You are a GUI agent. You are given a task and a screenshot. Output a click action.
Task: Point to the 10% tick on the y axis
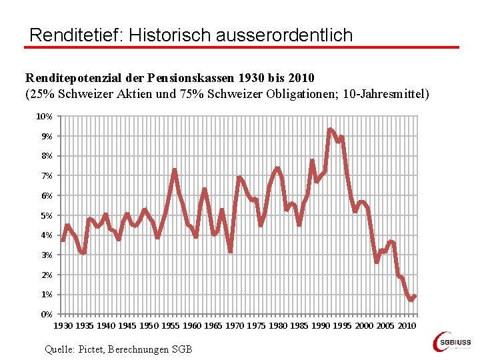pos(45,117)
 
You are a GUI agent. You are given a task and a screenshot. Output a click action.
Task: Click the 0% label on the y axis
pos(46,314)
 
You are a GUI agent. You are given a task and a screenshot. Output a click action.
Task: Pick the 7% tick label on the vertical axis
pos(46,176)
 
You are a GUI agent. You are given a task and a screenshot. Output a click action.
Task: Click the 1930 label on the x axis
pos(63,325)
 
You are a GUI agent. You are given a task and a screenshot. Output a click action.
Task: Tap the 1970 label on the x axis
pos(235,325)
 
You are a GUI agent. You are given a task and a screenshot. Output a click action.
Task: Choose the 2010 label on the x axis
pos(407,325)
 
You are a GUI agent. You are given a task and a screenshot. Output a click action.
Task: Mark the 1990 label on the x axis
pos(321,325)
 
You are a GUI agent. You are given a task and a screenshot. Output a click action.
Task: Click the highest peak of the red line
pos(329,129)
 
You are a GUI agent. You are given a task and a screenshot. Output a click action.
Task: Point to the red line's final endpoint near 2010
pos(415,297)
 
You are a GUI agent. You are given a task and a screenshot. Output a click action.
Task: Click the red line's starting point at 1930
pos(63,240)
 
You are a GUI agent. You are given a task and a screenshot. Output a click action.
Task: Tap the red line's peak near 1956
pos(175,170)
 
